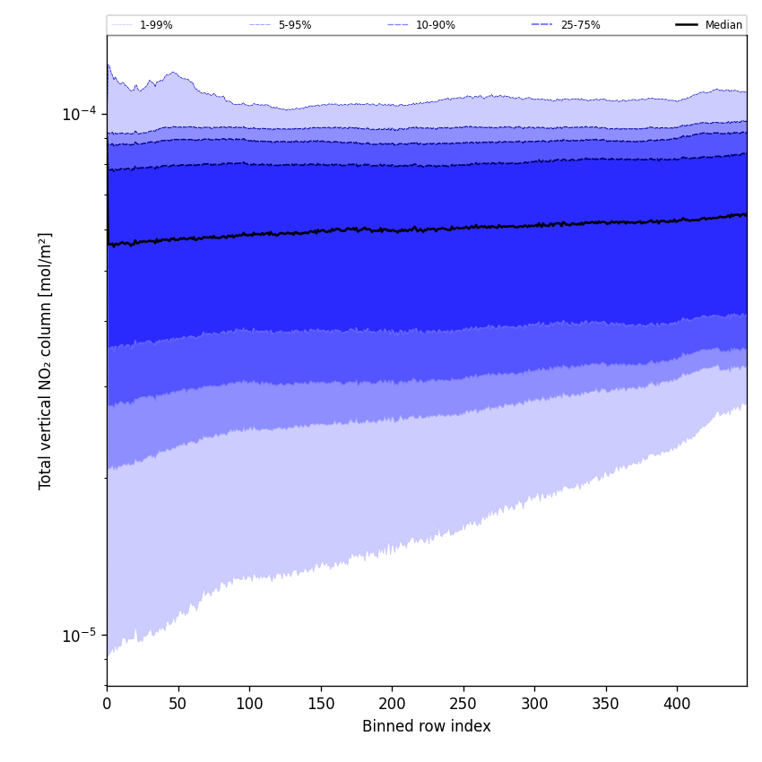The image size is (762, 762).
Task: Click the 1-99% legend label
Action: tap(156, 25)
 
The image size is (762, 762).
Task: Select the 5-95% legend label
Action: tap(295, 25)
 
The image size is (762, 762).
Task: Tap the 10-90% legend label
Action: tap(435, 25)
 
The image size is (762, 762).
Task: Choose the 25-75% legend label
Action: tap(580, 25)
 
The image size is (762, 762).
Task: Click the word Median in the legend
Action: tap(723, 25)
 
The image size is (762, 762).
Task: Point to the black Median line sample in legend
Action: tap(687, 25)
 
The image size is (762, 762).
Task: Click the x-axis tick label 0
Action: tap(107, 705)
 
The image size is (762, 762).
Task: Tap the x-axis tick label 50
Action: tap(178, 705)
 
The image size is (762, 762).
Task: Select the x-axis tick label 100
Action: tap(249, 705)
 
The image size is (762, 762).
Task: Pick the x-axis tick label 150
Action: tap(321, 705)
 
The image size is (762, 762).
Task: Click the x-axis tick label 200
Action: tap(392, 705)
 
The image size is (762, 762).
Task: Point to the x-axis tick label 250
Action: tap(463, 705)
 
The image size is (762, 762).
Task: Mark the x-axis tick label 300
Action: tap(534, 705)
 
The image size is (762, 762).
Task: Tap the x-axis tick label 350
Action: tap(606, 705)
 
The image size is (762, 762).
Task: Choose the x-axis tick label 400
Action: tap(677, 705)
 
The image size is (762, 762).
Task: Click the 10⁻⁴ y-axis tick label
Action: tap(79, 114)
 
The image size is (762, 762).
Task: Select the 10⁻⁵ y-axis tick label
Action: tap(79, 636)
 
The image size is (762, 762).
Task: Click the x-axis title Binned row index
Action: tap(427, 727)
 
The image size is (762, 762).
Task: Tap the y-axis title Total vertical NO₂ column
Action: tap(46, 360)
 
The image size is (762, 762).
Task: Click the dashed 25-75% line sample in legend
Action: tap(542, 25)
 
